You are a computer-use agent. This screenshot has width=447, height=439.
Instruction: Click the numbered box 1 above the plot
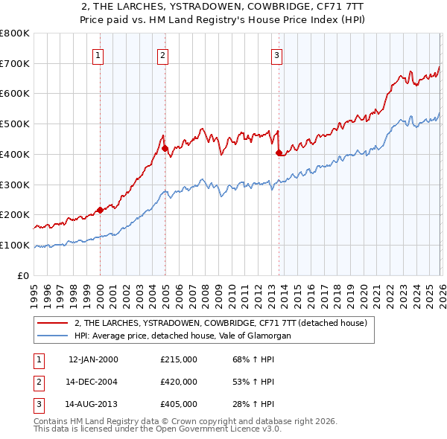click(99, 54)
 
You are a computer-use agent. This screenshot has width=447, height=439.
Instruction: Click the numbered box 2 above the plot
click(162, 54)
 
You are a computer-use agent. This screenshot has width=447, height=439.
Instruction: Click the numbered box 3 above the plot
click(276, 54)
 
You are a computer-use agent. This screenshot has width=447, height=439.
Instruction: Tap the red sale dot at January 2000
click(100, 210)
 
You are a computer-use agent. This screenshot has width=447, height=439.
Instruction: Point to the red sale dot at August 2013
click(279, 153)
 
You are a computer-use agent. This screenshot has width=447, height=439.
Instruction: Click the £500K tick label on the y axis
click(14, 124)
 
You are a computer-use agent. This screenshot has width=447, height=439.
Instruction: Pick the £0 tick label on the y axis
click(24, 275)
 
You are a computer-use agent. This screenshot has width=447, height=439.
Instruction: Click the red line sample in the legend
click(53, 324)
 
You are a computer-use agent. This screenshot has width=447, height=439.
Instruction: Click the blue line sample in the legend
click(53, 336)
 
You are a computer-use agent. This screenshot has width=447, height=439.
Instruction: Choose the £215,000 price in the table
click(178, 359)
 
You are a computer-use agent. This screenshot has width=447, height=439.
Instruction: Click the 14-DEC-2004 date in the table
click(92, 382)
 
